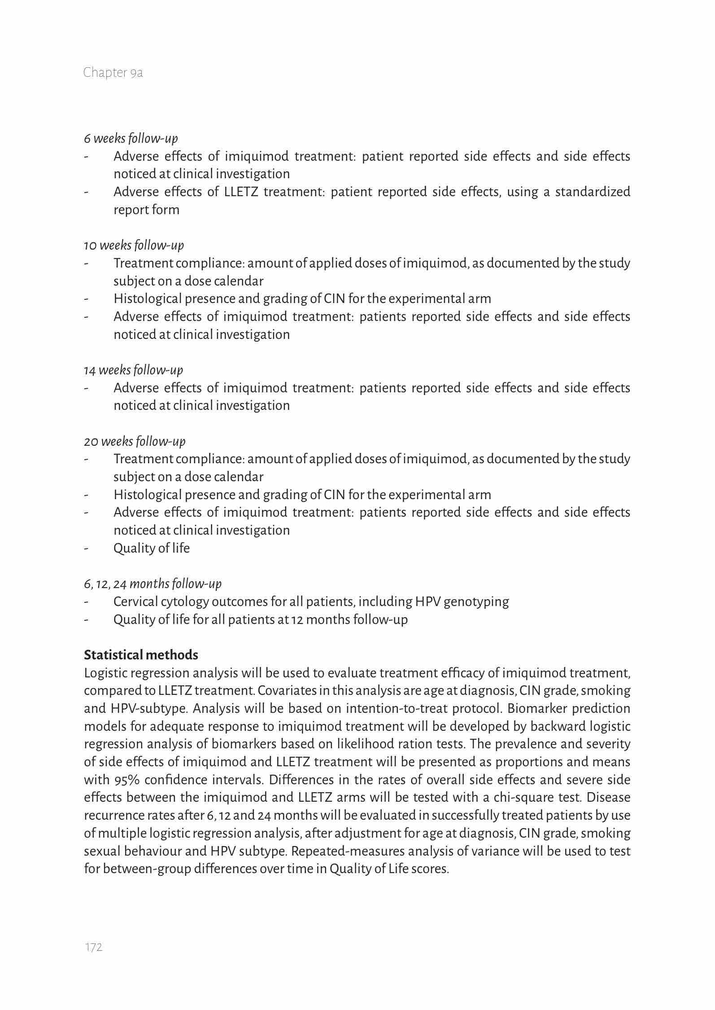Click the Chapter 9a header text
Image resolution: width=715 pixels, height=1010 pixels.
[x=113, y=73]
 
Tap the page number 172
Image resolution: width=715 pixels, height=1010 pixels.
[x=94, y=947]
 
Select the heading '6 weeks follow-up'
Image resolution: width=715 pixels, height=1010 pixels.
[x=131, y=139]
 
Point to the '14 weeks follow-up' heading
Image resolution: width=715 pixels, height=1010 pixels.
[x=133, y=370]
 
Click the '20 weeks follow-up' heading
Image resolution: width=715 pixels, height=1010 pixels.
[x=135, y=442]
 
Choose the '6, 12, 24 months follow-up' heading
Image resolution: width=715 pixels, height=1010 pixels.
[x=153, y=584]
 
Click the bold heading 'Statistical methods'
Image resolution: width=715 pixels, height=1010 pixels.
[x=141, y=655]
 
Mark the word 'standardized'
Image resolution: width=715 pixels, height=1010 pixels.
[x=593, y=192]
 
